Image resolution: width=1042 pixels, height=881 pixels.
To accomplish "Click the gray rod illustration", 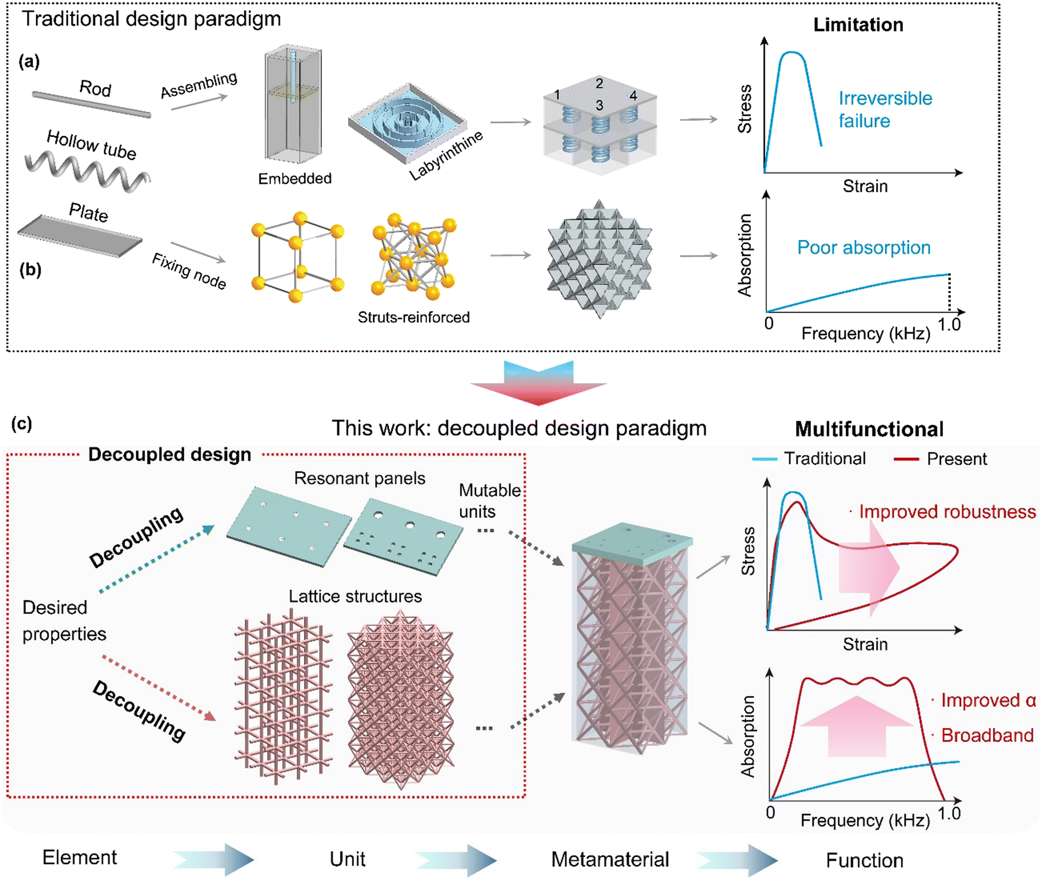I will tap(91, 104).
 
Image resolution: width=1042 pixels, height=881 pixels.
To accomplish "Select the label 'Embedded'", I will tap(295, 178).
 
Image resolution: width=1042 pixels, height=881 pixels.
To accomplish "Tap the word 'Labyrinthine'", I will tap(446, 155).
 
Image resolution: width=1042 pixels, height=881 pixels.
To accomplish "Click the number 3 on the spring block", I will tap(599, 106).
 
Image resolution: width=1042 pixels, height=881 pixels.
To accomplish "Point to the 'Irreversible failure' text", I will tap(884, 109).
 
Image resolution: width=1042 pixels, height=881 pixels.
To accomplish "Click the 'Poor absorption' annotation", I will tap(864, 247).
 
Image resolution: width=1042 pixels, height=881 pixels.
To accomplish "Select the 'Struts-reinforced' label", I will tap(413, 317).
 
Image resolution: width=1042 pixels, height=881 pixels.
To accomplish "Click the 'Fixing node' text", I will tap(188, 271).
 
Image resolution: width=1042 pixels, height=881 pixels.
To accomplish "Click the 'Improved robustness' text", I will tap(947, 511).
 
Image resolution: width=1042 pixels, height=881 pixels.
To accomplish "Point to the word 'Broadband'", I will tap(987, 735).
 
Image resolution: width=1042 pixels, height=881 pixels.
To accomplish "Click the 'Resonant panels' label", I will tap(359, 478).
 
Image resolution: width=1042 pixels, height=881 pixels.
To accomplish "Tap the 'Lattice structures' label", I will tap(355, 596).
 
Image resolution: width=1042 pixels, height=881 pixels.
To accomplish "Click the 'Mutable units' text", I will tap(489, 500).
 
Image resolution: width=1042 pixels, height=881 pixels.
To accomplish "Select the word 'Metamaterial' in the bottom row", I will tap(609, 859).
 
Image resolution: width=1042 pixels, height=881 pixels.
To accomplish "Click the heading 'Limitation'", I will tap(858, 25).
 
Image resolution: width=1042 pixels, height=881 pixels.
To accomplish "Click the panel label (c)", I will tap(22, 423).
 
